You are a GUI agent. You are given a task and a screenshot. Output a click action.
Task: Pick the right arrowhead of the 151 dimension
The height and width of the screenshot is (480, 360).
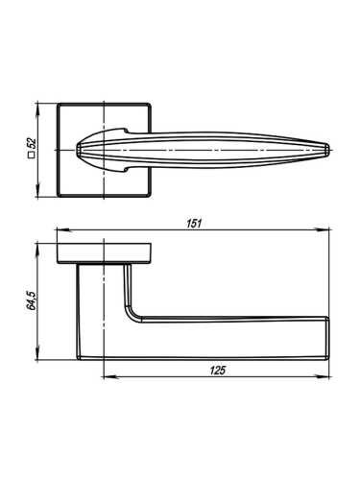tap(328, 230)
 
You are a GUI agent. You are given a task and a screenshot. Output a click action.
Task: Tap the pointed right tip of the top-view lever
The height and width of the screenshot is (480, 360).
tap(330, 149)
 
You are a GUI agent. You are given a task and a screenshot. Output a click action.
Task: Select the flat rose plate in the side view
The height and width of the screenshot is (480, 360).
tap(104, 252)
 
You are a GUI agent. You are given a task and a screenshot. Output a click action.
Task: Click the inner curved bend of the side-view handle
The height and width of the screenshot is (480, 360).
tap(132, 315)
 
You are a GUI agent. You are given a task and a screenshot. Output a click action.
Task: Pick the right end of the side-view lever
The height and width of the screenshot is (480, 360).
tap(329, 337)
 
